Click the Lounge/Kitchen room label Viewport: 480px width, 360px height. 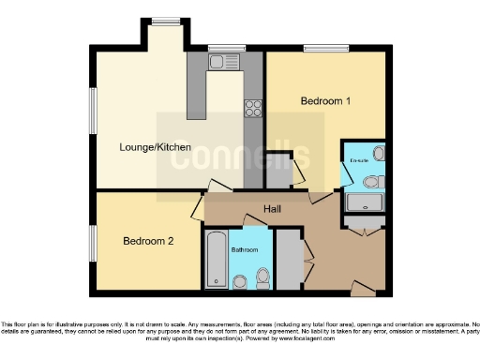click(156, 147)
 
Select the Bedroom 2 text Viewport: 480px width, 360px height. click(149, 241)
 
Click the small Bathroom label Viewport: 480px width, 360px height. click(245, 250)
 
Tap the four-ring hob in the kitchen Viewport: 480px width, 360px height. click(253, 108)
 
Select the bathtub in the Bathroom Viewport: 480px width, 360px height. click(215, 261)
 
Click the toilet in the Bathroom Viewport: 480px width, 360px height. click(262, 277)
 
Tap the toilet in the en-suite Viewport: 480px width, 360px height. click(371, 182)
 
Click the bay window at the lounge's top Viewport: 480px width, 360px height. click(166, 21)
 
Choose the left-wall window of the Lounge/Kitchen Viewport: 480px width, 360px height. click(93, 112)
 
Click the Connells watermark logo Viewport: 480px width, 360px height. click(239, 157)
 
